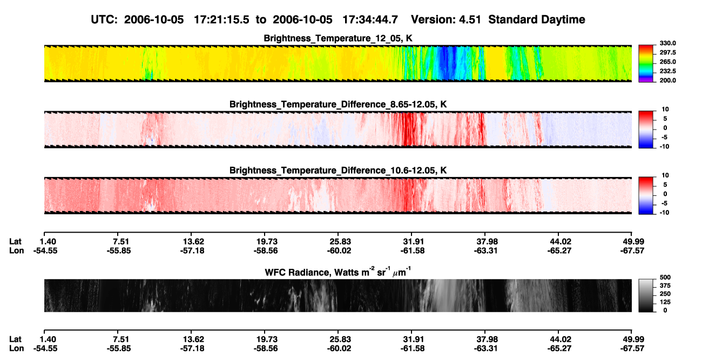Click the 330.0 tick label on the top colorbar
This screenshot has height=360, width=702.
667,43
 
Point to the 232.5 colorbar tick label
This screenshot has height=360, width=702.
667,71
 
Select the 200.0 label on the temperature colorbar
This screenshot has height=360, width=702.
667,80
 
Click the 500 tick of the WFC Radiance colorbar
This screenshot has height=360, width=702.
665,277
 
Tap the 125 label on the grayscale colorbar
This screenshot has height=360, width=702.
665,302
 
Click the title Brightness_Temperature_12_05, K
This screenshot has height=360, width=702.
338,38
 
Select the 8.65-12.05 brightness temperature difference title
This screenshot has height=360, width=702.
338,104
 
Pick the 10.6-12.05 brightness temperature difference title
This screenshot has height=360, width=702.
338,171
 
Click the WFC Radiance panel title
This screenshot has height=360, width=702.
338,271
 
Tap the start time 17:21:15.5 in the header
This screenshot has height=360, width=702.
221,20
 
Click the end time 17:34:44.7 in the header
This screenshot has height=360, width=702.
370,20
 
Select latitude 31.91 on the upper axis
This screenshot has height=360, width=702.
413,242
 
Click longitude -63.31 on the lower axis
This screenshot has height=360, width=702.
485,349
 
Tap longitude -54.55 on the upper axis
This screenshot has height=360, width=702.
45,250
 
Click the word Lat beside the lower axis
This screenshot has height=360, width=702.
15,339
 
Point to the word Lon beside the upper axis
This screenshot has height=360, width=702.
17,250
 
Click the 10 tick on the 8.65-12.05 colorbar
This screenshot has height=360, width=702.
665,110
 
